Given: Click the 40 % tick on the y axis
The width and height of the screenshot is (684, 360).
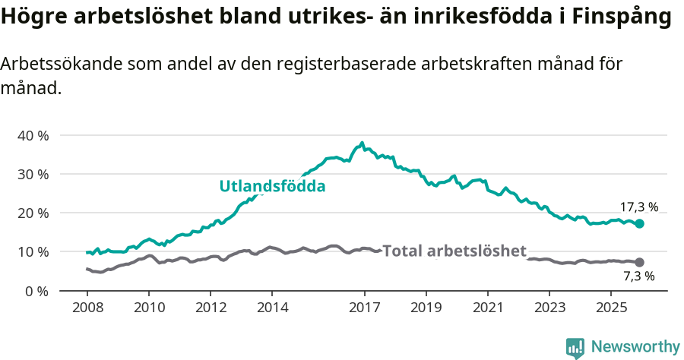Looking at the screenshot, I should tap(32, 135).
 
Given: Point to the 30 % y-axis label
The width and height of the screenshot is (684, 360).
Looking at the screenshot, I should tap(32, 174).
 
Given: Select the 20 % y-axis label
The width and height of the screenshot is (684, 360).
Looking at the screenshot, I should tap(32, 213).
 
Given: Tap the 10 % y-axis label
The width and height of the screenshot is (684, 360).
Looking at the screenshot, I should tap(32, 251).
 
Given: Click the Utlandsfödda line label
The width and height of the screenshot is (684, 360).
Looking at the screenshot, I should tap(272, 186).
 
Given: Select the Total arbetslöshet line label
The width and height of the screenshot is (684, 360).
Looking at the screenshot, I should tap(454, 251).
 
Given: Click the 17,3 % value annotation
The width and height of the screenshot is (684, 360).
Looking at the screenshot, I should tap(638, 207).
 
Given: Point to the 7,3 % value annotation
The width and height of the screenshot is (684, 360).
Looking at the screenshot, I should tap(638, 276).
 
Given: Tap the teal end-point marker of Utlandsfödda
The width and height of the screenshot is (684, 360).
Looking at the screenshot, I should tap(640, 223).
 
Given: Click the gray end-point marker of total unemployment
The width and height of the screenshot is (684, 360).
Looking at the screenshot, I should tap(640, 262).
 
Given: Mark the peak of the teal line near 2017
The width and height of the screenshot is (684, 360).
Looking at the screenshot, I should tap(363, 143).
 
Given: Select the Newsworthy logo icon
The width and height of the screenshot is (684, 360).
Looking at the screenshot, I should tap(575, 347).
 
